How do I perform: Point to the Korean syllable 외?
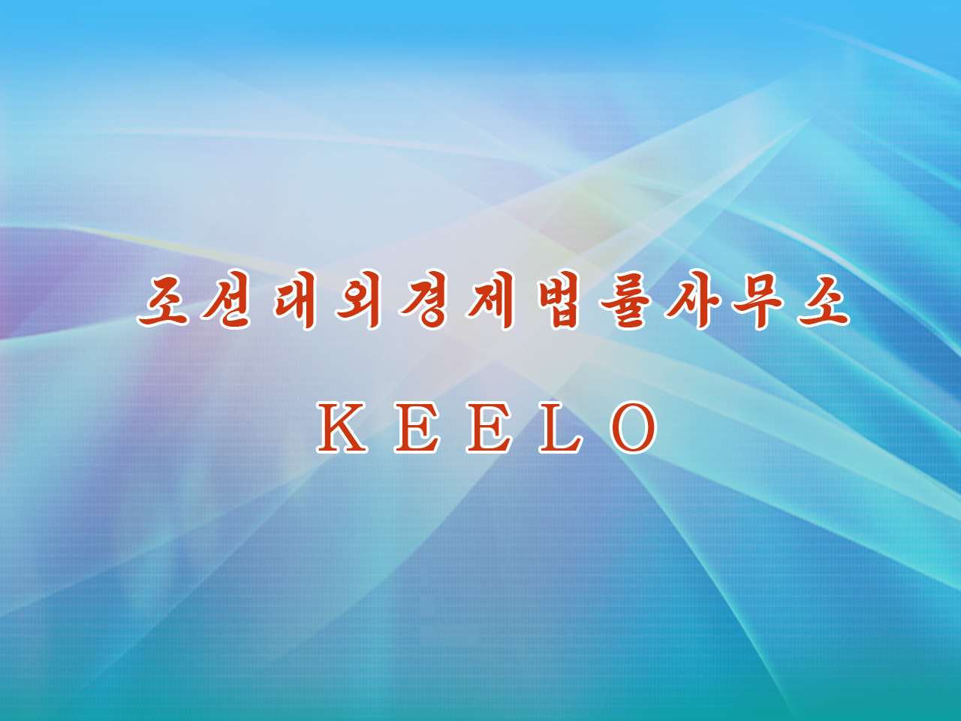(x=358, y=300)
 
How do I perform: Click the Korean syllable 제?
(x=490, y=300)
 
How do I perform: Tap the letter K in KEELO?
(x=342, y=427)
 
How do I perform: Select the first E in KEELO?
(x=417, y=427)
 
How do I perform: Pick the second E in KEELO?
(x=489, y=427)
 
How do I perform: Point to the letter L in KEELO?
(x=561, y=427)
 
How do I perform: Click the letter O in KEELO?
(x=633, y=427)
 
